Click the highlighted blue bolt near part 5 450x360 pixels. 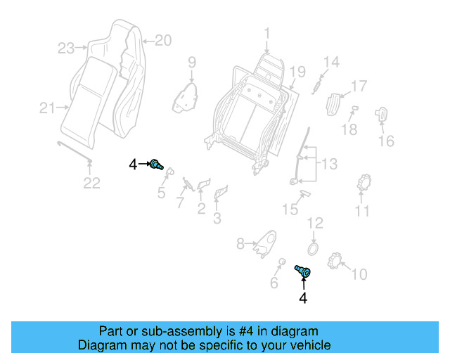coord(156,165)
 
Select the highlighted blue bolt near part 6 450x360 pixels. coord(303,271)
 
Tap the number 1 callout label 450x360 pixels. coord(267,32)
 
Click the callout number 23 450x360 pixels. coord(66,49)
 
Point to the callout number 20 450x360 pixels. coord(162,41)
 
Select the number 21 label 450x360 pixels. coord(47,108)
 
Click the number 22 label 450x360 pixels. coord(92,184)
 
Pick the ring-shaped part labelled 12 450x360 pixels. coord(313,248)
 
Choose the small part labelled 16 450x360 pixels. coord(382,114)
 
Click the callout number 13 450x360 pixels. coord(330,165)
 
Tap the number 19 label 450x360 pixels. coord(297,71)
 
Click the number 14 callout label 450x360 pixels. coord(331,62)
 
